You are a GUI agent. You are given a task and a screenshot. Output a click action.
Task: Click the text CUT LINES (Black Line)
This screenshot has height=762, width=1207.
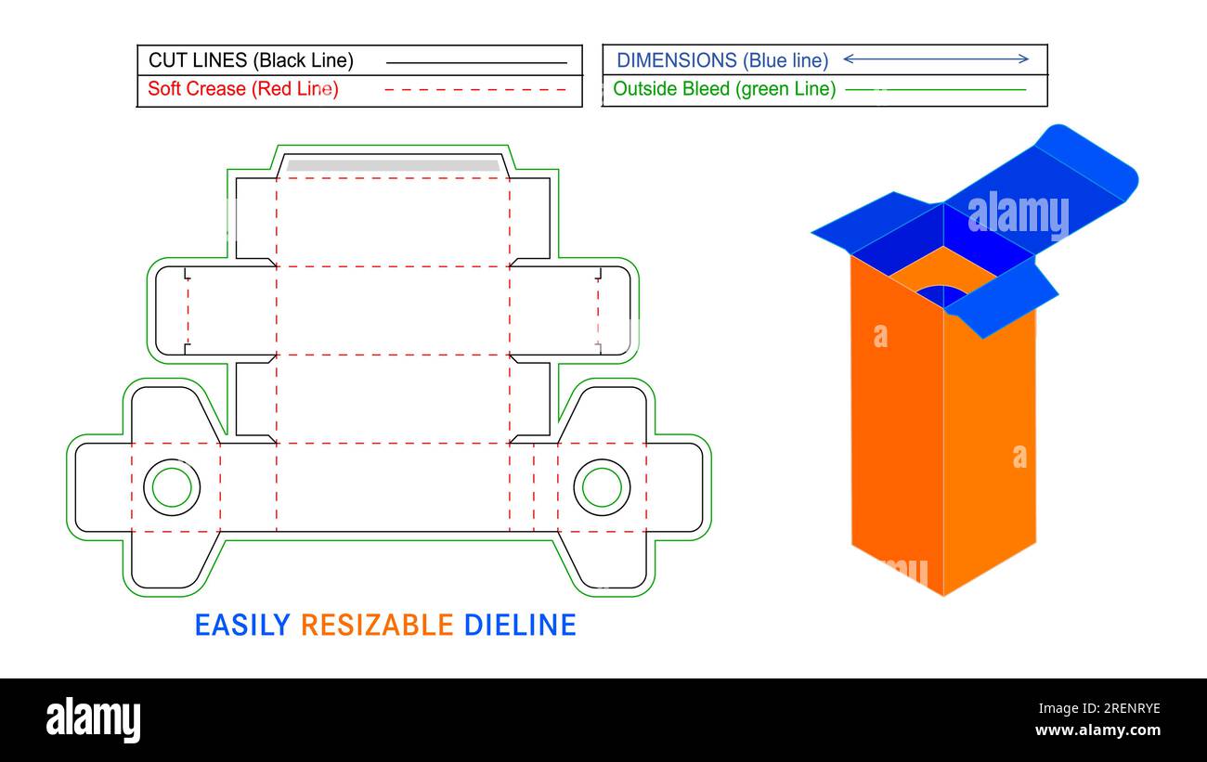tap(251, 61)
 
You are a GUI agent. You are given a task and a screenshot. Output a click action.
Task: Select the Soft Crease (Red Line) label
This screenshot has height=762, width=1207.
tap(243, 89)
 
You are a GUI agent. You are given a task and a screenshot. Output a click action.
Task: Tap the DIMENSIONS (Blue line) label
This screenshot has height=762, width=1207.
tap(721, 60)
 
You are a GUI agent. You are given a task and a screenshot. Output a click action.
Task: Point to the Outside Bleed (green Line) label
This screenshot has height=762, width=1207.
tap(724, 89)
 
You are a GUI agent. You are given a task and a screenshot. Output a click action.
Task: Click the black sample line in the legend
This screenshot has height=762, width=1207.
tap(475, 62)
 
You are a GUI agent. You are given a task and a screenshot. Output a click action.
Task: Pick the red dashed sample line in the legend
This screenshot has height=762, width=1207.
tap(475, 90)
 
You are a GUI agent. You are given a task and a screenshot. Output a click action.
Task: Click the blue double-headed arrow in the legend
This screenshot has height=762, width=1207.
tap(935, 59)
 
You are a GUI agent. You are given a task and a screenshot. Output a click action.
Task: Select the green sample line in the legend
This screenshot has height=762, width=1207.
tap(935, 90)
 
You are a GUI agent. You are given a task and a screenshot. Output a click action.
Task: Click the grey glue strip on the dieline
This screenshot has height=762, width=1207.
tap(393, 166)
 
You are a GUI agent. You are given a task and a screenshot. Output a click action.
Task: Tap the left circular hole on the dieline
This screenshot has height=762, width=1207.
tap(172, 487)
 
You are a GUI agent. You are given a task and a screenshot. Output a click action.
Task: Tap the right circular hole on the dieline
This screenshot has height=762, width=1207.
tap(602, 487)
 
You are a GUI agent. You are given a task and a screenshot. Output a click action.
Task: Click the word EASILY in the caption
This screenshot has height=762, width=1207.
tap(242, 625)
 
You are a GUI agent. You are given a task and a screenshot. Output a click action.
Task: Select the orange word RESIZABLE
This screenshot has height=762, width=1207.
tap(377, 625)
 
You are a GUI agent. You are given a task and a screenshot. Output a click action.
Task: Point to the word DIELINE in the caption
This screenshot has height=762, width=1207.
tap(520, 625)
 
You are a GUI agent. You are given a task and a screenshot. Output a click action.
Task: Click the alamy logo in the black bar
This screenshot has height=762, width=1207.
tap(94, 720)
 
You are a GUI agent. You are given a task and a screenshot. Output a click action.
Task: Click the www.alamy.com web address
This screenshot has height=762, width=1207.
tap(1097, 730)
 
